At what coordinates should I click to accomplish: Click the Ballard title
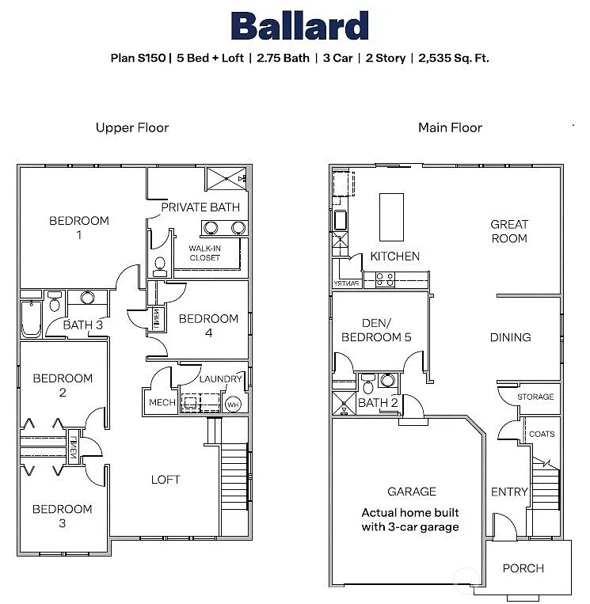(299, 26)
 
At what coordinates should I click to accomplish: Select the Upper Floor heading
(132, 127)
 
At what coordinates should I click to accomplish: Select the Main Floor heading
(450, 127)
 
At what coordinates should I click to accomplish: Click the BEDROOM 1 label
(79, 228)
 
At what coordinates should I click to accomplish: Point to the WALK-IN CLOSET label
(204, 253)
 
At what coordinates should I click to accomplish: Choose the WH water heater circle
(233, 405)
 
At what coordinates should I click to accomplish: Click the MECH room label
(162, 403)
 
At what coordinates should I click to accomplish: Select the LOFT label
(166, 479)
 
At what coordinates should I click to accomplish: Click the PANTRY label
(347, 283)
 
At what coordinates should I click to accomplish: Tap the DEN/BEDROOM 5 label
(375, 330)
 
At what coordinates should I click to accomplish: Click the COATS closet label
(542, 434)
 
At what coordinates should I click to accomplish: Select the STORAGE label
(536, 397)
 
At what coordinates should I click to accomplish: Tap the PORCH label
(523, 568)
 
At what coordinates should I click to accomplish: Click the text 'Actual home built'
(410, 512)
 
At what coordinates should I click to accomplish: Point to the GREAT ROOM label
(508, 231)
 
